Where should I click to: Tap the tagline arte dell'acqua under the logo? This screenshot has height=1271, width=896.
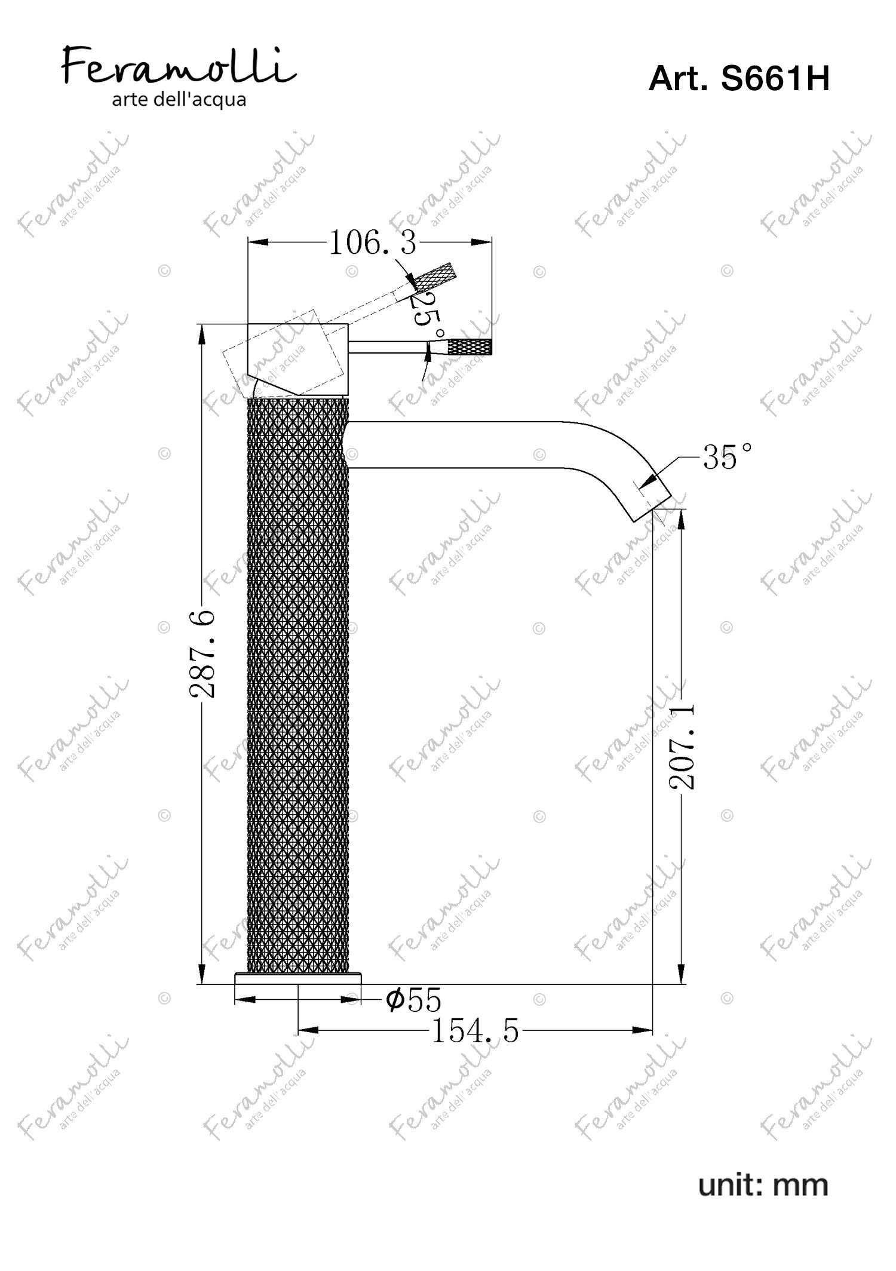(x=179, y=100)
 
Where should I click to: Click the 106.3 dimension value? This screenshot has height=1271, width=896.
(x=373, y=243)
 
